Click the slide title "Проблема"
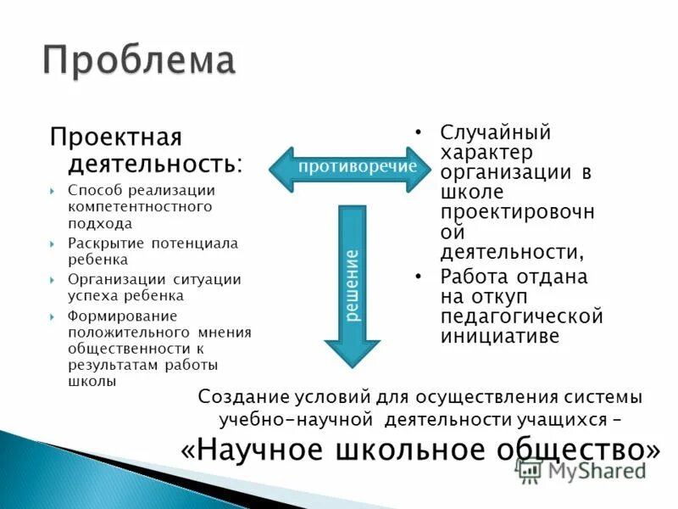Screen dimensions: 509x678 (x=139, y=61)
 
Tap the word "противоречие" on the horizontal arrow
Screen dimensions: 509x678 (x=358, y=166)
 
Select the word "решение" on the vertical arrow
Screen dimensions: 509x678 (x=352, y=284)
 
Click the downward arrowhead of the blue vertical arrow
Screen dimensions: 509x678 (x=352, y=348)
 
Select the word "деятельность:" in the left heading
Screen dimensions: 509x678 (x=148, y=162)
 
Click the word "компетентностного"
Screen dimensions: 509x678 (x=140, y=206)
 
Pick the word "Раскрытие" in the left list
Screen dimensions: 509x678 (x=102, y=243)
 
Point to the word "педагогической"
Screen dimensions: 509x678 (x=521, y=316)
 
